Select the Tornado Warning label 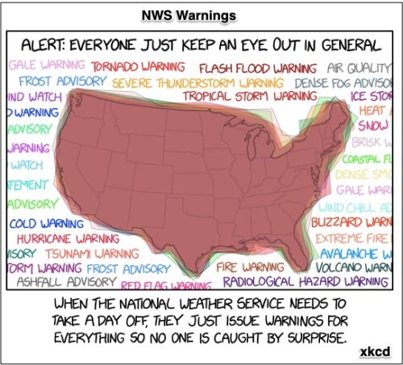click(x=137, y=67)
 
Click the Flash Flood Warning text click(x=258, y=68)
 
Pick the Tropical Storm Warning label click(x=250, y=96)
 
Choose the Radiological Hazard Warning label click(x=305, y=282)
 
